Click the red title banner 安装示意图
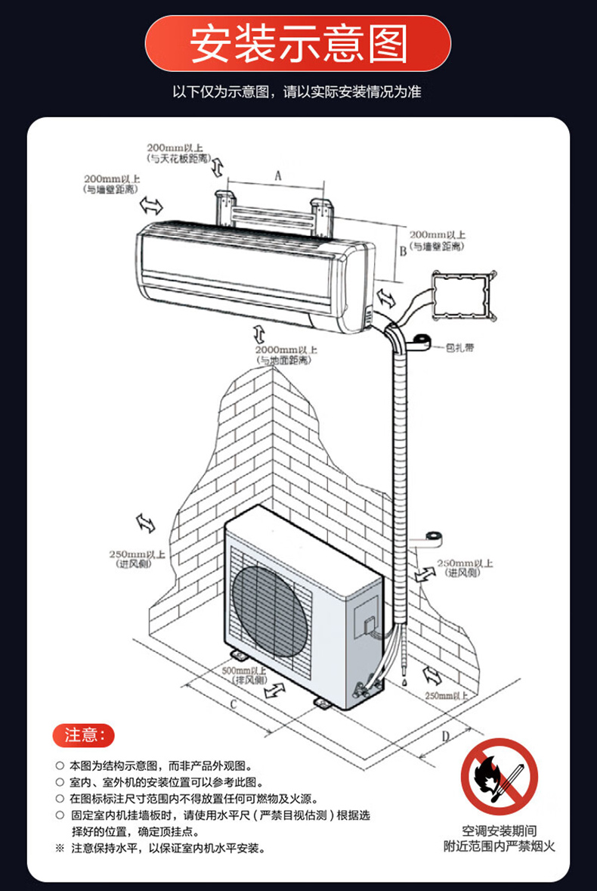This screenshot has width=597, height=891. tap(298, 43)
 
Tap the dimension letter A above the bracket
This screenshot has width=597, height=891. tap(277, 175)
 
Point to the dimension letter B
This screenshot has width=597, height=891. tap(403, 250)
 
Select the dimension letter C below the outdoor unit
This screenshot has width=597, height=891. tap(234, 705)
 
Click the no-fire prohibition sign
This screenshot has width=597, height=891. tap(500, 776)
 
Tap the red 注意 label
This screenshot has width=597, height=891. tap(83, 734)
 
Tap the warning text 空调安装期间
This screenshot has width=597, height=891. tap(500, 830)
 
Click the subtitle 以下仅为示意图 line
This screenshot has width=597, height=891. tap(298, 93)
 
